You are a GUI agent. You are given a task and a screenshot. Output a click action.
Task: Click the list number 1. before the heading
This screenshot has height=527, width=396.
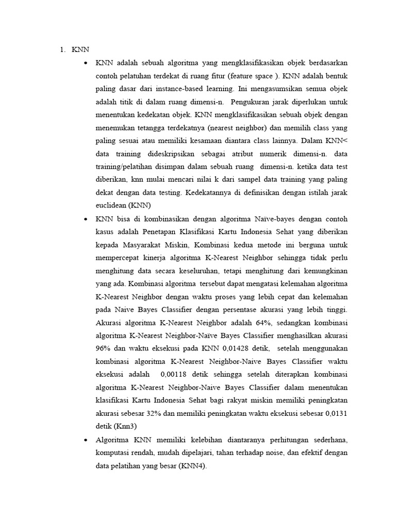[62, 50]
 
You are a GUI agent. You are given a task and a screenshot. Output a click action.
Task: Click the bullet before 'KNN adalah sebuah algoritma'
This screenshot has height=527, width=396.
[85, 63]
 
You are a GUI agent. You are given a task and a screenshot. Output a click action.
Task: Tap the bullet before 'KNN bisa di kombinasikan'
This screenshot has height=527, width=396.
[85, 219]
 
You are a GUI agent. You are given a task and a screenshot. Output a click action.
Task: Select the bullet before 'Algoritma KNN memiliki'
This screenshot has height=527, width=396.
[85, 440]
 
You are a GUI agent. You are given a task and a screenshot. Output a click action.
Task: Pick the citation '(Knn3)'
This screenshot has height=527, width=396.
[129, 427]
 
